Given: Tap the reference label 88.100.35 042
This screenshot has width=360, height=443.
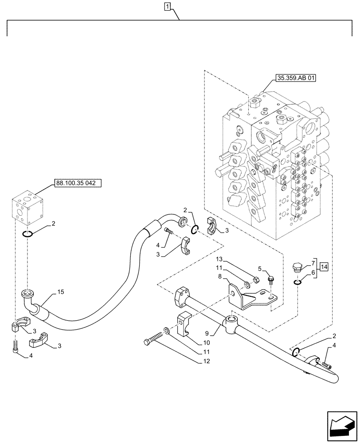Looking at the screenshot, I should [78, 182].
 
